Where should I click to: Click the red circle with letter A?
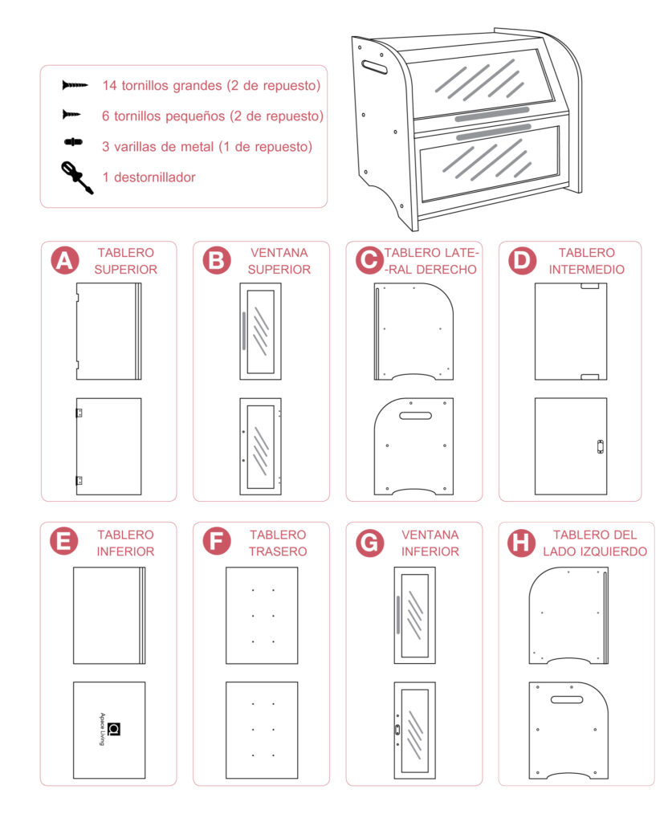(x=64, y=261)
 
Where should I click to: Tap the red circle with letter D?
(x=523, y=261)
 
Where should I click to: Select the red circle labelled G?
(x=370, y=543)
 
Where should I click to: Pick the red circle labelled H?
(x=523, y=543)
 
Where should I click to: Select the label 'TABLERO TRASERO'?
(x=278, y=543)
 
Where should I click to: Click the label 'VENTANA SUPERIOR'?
(x=279, y=261)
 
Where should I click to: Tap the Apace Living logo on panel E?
(x=113, y=729)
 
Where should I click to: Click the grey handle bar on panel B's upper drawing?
(x=242, y=330)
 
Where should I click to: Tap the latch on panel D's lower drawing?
(x=599, y=447)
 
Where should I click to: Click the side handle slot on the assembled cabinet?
(x=374, y=65)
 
